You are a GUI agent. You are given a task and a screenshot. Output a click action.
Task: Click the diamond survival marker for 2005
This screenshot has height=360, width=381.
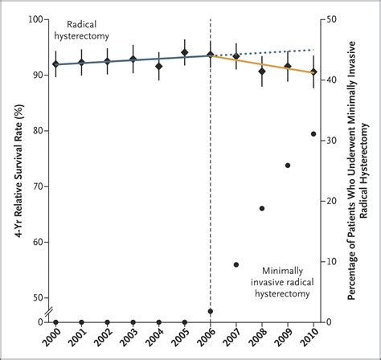[185, 53]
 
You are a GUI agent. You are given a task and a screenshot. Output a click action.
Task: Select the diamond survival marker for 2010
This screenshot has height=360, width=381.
[313, 72]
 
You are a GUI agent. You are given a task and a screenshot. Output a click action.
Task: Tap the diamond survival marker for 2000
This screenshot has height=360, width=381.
[55, 64]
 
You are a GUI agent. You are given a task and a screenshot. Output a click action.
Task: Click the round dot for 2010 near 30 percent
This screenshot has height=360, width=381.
[313, 134]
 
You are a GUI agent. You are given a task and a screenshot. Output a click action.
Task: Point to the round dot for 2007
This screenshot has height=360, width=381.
[236, 264]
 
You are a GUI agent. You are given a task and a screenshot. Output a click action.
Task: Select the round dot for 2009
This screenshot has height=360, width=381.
[288, 166]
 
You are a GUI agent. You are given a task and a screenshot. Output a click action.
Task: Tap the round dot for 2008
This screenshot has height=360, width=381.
[262, 208]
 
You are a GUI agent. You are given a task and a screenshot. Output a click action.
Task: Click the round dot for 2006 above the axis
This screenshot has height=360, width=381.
[211, 311]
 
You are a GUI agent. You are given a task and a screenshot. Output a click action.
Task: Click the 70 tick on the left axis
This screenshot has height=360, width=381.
[37, 186]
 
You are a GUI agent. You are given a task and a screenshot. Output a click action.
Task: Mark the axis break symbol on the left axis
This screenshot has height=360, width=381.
[47, 310]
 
